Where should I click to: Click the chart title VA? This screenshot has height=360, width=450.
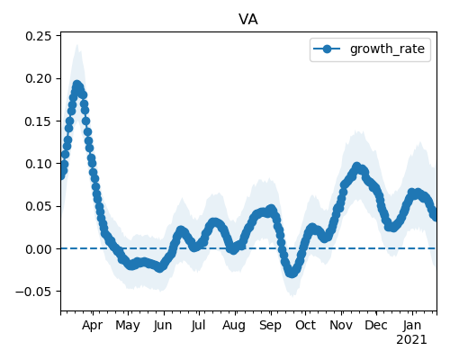coord(248,20)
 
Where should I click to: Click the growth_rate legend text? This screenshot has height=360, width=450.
coord(387,49)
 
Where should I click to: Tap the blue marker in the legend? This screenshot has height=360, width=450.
coord(327,49)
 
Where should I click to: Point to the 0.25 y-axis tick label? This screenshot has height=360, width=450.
coord(39,36)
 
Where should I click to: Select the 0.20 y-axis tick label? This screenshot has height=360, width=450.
coord(39,78)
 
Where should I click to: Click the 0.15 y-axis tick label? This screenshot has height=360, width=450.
coord(39,121)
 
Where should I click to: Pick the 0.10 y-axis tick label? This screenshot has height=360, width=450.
coord(39,164)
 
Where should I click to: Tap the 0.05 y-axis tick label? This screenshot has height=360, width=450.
coord(39,206)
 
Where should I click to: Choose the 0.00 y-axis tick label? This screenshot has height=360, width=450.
coord(39,249)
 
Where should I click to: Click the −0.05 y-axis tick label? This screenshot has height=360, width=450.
coord(33,292)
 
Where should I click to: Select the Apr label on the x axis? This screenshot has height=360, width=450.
coord(93,325)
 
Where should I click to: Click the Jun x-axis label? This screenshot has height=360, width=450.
coord(163,325)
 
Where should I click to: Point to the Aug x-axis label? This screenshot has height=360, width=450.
coord(234,326)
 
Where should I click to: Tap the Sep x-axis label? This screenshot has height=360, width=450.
coord(270,326)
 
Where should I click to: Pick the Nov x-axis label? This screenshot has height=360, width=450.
coord(341,325)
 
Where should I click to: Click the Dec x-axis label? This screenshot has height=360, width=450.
coord(376,325)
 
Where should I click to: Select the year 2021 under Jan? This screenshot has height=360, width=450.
coord(411,340)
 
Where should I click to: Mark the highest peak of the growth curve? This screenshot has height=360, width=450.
coord(77,85)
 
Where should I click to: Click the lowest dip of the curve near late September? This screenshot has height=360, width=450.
coord(292,274)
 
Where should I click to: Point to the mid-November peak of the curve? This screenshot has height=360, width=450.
coord(356,166)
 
